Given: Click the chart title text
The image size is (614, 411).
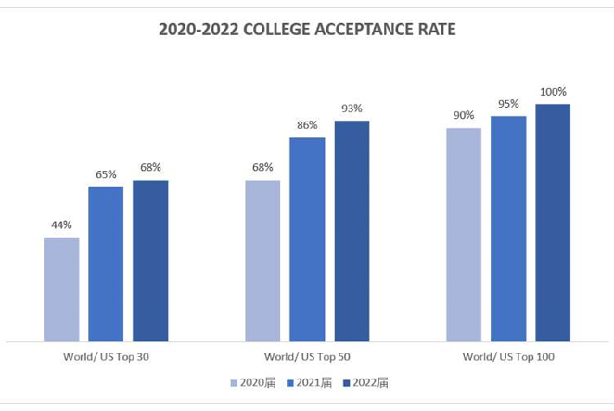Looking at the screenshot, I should [307, 30].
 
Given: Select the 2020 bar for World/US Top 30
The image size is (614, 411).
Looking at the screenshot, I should [61, 289].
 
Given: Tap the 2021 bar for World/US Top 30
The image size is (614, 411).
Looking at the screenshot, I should [106, 264].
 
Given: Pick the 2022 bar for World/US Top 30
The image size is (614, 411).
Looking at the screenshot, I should [150, 261].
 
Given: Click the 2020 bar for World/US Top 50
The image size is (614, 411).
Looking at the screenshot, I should [262, 261].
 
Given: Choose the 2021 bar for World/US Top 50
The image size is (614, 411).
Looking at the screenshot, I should [307, 239].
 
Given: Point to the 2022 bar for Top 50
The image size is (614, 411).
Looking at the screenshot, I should [352, 231].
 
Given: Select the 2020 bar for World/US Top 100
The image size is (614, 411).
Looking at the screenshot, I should [464, 235].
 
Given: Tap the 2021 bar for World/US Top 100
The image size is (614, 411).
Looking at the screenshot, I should [508, 228].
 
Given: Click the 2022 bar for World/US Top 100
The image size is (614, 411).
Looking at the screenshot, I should [553, 223].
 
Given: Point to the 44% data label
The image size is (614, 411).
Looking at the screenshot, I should [61, 225].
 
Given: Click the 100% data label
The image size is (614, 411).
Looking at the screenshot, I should [553, 92].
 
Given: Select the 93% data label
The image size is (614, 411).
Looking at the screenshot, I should [352, 109].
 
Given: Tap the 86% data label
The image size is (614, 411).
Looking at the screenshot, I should [307, 125].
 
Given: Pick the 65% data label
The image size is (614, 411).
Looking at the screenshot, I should [106, 174].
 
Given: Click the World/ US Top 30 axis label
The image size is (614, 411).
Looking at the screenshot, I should [106, 357].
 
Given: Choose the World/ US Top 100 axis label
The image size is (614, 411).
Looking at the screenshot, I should [508, 357].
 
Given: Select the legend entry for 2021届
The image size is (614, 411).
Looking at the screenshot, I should [310, 383].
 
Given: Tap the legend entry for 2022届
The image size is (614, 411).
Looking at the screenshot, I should [365, 383].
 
